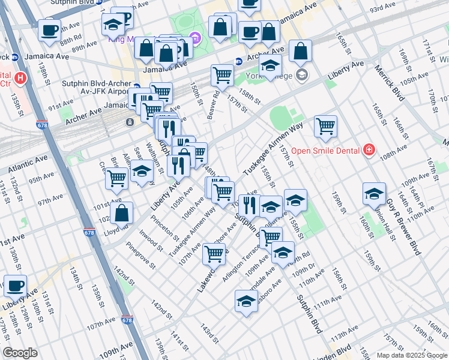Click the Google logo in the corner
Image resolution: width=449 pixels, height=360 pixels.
click(x=20, y=353)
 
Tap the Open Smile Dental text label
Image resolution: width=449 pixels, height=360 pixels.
click(x=325, y=150)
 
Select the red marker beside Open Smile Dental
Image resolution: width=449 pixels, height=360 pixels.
click(x=369, y=150)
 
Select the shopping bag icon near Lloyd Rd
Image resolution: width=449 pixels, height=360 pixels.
click(x=122, y=214)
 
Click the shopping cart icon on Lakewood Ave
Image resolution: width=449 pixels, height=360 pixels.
click(x=214, y=254)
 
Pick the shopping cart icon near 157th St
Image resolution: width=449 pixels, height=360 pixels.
click(x=325, y=126)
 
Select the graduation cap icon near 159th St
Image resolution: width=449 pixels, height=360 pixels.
click(x=374, y=194)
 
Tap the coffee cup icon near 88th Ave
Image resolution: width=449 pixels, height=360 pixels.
click(x=49, y=29)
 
